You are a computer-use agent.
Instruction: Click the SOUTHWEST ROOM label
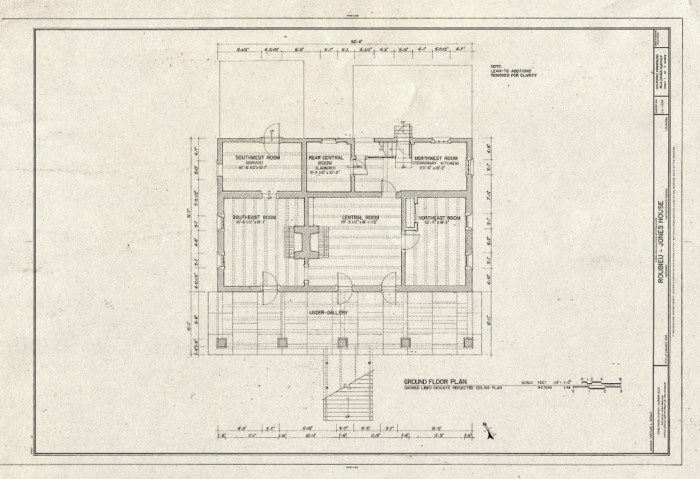(257, 157)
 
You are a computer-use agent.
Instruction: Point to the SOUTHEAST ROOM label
(249, 218)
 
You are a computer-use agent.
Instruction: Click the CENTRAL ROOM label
(361, 218)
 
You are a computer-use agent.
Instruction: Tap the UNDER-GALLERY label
(329, 313)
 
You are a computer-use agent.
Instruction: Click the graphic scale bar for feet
(596, 385)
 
